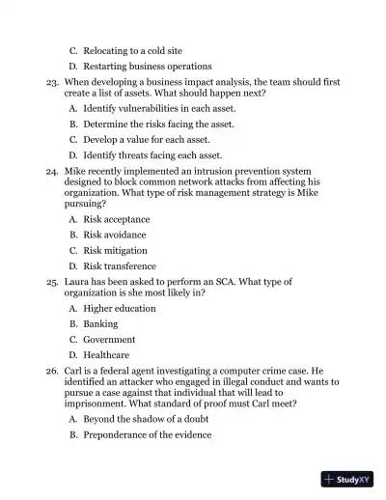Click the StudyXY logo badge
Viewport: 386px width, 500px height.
click(x=347, y=479)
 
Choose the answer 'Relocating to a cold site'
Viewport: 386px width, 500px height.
click(x=132, y=50)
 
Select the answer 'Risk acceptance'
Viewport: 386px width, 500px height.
click(x=116, y=219)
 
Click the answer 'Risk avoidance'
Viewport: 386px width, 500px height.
click(x=115, y=235)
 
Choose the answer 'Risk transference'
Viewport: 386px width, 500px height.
click(x=120, y=266)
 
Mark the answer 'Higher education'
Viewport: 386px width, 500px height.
click(x=120, y=308)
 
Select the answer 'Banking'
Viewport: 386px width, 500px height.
click(x=100, y=324)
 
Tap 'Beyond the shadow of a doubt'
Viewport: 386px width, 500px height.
click(x=150, y=419)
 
